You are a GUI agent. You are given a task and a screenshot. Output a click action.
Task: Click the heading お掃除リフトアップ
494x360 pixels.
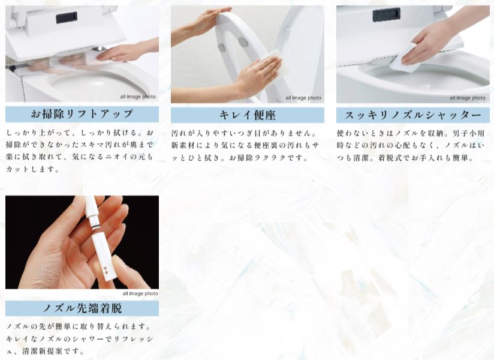pos(82,114)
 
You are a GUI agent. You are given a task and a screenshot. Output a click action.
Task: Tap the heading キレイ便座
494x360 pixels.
pos(248,115)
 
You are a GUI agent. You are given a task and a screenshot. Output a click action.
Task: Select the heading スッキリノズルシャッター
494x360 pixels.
pos(412,115)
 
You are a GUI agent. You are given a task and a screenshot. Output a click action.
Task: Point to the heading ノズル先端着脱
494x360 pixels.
pos(82,308)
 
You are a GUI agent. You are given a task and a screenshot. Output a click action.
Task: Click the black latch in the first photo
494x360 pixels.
pos(67,18)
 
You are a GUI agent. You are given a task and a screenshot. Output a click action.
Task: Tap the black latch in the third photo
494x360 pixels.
pos(386,14)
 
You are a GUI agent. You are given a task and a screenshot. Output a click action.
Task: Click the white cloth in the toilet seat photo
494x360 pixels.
pos(273,63)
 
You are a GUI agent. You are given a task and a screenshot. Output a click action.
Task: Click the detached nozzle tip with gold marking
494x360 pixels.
pos(104,259)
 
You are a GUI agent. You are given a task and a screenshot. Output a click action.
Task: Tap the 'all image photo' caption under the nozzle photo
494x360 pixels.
pos(140,293)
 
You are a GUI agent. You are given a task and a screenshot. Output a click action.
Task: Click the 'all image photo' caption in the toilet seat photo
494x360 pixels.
pos(303,98)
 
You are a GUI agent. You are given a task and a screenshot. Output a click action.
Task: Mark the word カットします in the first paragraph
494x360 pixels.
pos(33,169)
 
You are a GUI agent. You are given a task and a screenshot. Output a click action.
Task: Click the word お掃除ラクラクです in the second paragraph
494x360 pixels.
pos(269,158)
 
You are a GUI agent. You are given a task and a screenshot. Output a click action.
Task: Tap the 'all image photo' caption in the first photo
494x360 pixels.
pos(138,97)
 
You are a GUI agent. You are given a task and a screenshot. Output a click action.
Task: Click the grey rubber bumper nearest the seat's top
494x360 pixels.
pos(243,41)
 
